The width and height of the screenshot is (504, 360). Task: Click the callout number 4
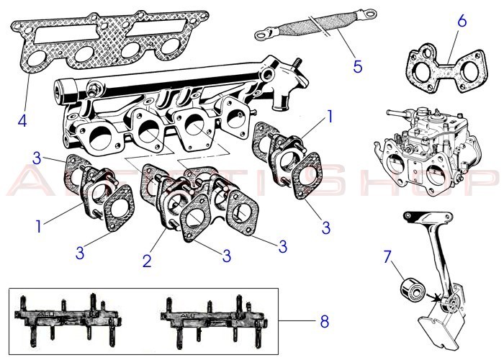[22, 119]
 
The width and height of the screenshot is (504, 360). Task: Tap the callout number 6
[462, 20]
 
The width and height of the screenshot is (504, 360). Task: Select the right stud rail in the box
[206, 317]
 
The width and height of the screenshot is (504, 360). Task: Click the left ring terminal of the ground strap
[264, 34]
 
